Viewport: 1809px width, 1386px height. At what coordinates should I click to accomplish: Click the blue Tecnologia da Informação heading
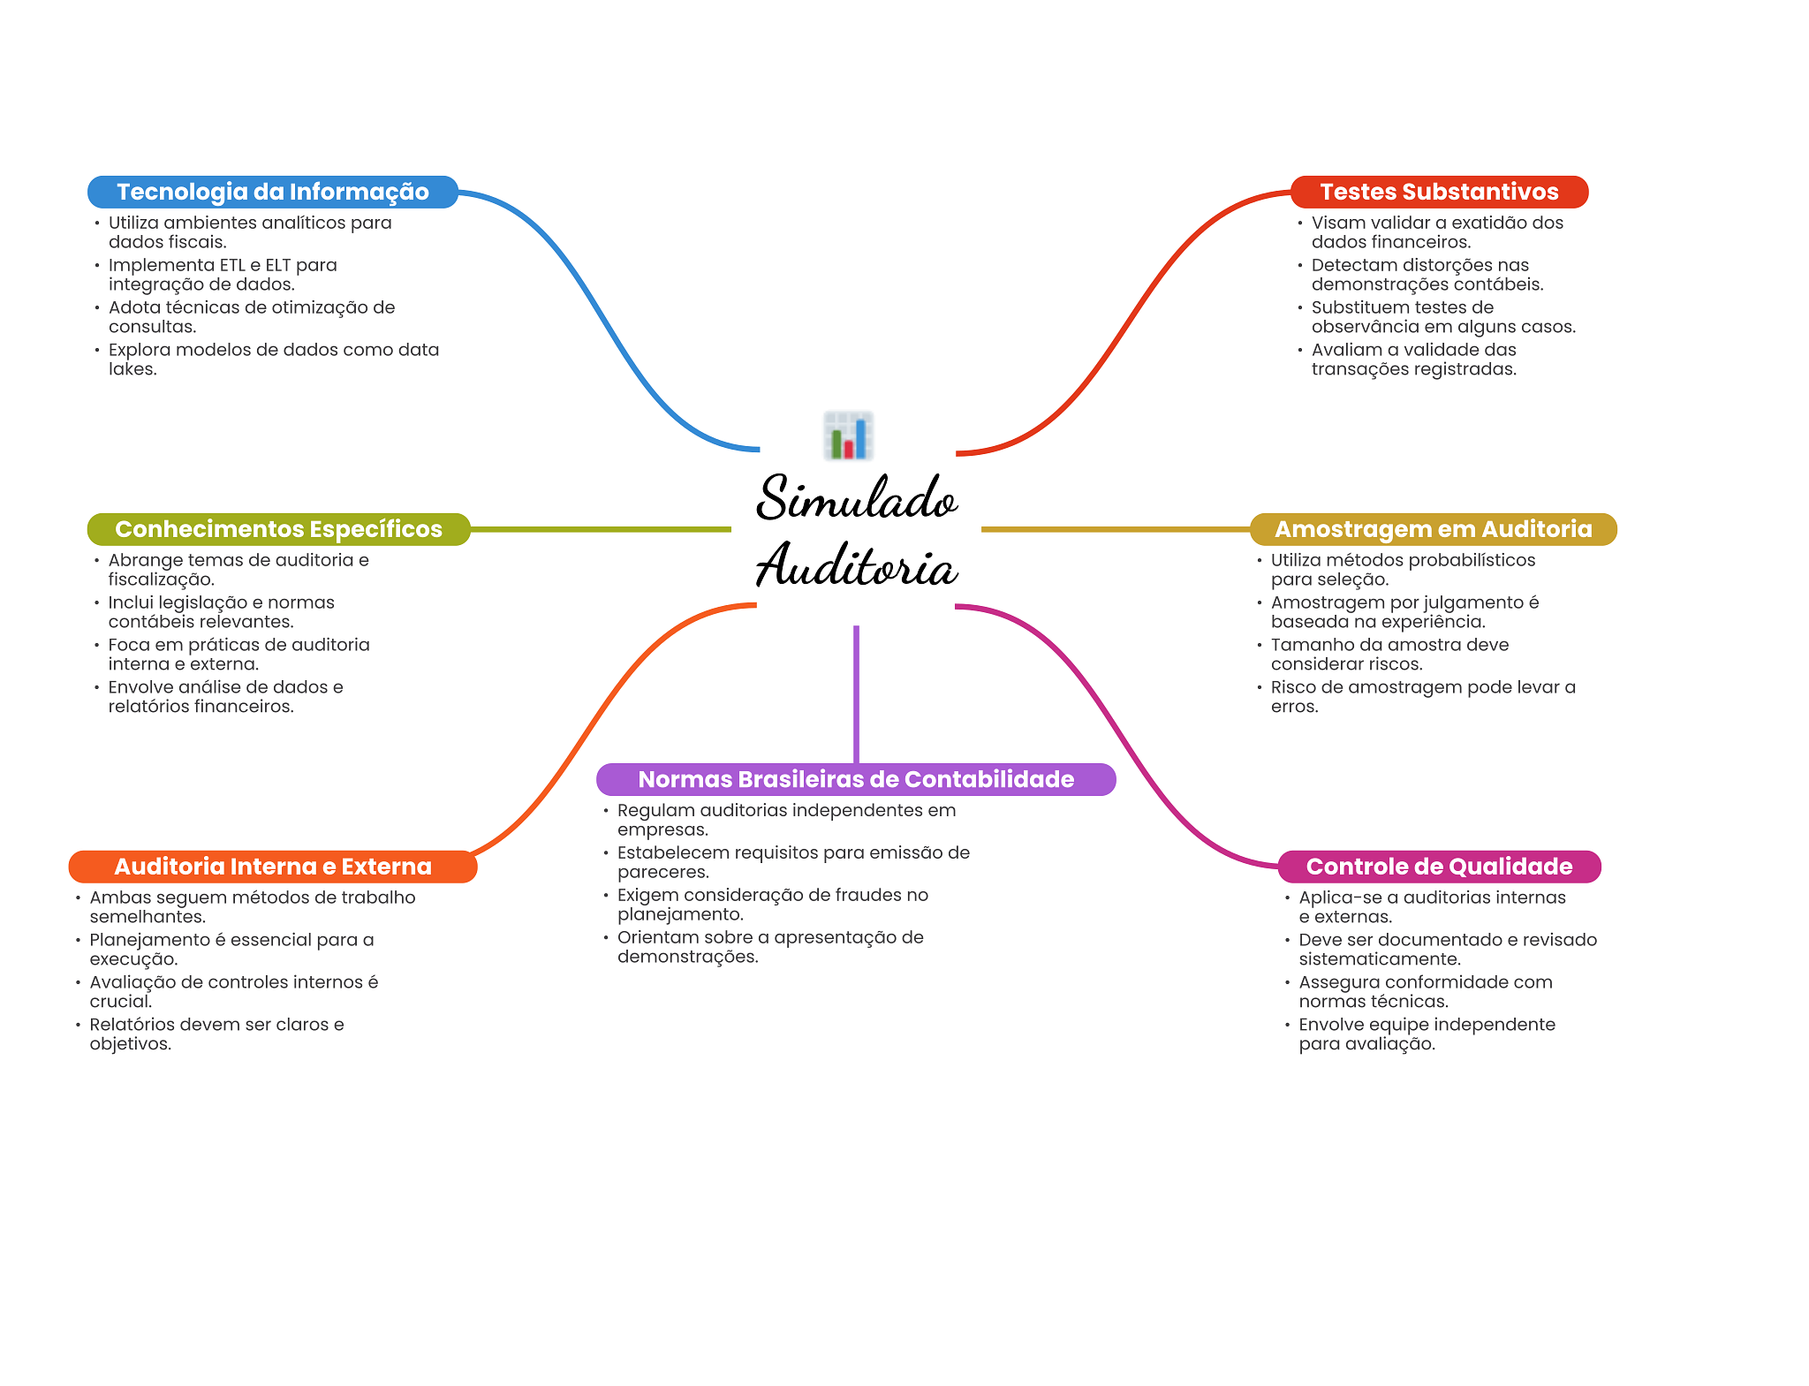[x=272, y=192]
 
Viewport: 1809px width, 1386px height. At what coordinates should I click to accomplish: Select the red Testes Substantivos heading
[x=1438, y=192]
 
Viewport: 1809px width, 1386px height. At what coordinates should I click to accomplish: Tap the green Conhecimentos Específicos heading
[x=278, y=529]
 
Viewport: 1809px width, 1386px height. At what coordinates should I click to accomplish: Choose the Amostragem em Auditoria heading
[x=1433, y=529]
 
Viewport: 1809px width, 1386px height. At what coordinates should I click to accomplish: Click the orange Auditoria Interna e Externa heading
[x=272, y=867]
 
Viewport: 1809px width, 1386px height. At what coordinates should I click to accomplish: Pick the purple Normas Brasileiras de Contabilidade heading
[x=855, y=779]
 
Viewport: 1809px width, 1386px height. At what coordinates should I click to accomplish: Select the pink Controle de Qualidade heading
[x=1438, y=867]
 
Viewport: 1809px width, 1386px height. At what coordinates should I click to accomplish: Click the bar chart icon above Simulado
[x=848, y=435]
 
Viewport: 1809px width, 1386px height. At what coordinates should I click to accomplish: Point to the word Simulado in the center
[x=856, y=497]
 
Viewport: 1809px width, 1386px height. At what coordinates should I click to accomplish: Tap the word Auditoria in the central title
[x=856, y=565]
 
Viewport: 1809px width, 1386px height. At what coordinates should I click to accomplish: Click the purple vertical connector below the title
[x=856, y=693]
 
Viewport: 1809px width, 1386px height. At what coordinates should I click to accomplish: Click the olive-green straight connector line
[x=601, y=529]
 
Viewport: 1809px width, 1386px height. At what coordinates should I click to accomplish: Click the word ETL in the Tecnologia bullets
[x=233, y=265]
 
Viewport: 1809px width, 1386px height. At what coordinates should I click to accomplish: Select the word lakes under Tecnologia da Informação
[x=132, y=369]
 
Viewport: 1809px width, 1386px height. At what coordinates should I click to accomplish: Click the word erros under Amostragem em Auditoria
[x=1294, y=707]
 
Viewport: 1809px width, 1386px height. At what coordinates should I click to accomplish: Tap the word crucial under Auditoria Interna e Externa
[x=120, y=1002]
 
